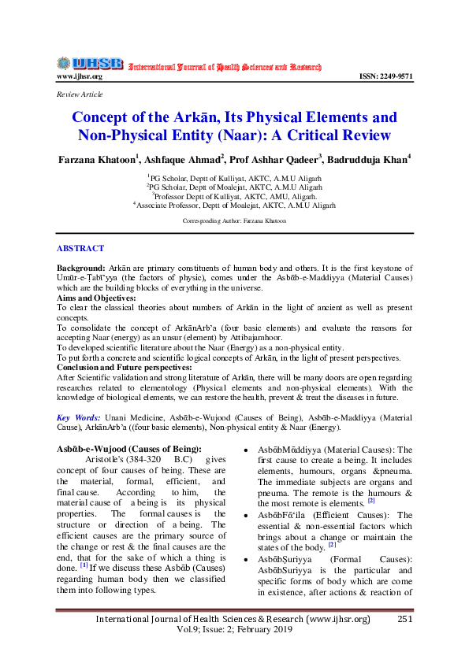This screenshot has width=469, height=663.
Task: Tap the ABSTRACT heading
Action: (x=80, y=249)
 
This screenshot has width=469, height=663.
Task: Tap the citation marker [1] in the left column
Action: (x=84, y=565)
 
